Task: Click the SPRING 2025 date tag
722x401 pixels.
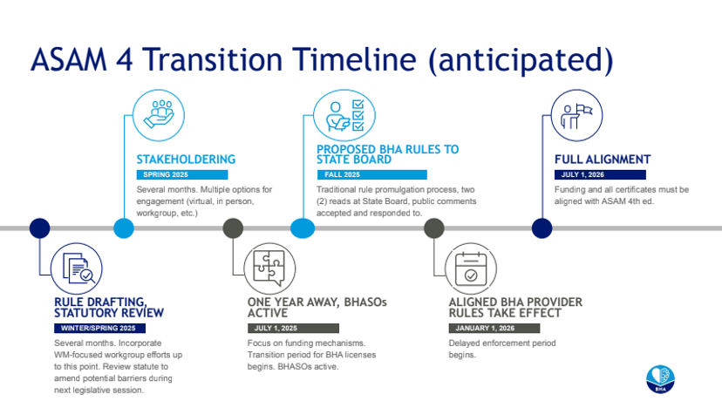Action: point(182,175)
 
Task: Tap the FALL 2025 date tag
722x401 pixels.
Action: point(372,175)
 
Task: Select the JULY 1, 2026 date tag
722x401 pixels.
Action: point(600,175)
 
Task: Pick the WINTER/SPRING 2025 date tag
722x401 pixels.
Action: point(100,329)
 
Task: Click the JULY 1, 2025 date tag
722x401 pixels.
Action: point(293,329)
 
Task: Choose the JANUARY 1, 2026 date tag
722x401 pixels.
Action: point(494,329)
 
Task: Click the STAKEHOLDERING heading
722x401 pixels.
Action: point(186,160)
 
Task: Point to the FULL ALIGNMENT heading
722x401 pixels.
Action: point(603,160)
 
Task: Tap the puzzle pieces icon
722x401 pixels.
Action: point(269,268)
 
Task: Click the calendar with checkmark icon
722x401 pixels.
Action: point(471,268)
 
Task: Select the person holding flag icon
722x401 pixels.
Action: point(576,115)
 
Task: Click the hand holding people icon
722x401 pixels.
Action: point(159,115)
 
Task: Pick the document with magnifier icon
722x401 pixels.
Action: point(77,268)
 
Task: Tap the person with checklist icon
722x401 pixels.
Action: point(344,115)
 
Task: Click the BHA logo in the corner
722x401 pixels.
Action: point(660,379)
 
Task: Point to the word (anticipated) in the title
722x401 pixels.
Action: point(521,61)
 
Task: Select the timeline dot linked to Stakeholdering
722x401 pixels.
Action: point(124,228)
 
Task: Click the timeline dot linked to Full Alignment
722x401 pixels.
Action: point(542,228)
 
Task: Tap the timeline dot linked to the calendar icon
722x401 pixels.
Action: point(433,228)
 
